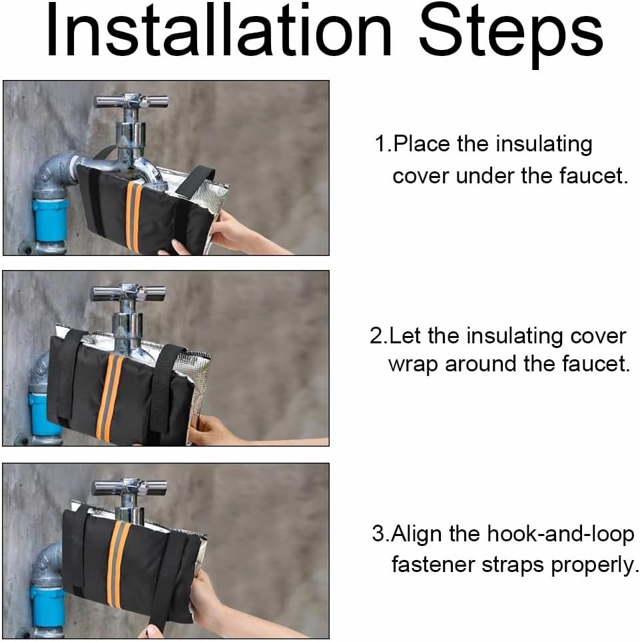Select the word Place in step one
[423, 145]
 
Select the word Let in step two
[405, 336]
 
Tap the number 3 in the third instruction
[378, 534]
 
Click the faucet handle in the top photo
[131, 101]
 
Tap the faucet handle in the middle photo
[128, 292]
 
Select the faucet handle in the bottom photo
[129, 487]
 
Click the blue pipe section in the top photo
[50, 220]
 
